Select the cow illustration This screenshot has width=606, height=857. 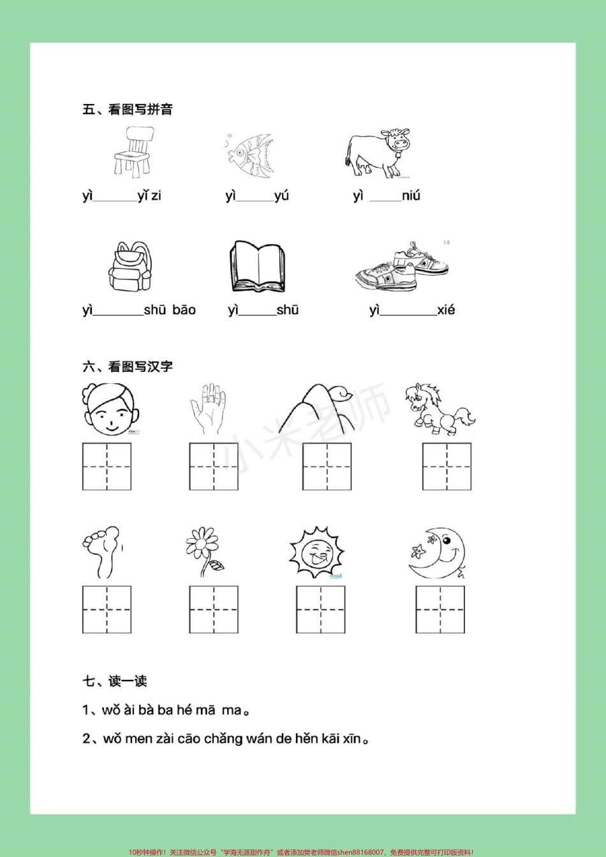(x=378, y=154)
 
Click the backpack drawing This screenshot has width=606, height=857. (x=130, y=267)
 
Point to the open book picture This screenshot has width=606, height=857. (x=257, y=267)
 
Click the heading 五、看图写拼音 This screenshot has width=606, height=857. (x=128, y=109)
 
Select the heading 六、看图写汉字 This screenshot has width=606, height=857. (x=128, y=367)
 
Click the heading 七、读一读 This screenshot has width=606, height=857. (x=115, y=681)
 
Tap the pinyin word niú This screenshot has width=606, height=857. (x=411, y=196)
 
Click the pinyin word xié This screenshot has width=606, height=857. (x=446, y=311)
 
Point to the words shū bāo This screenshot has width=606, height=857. (x=170, y=311)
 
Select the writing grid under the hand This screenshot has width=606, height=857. (x=214, y=467)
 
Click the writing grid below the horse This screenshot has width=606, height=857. (x=447, y=467)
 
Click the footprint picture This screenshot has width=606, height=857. (x=102, y=552)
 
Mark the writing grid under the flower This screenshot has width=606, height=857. (x=214, y=610)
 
